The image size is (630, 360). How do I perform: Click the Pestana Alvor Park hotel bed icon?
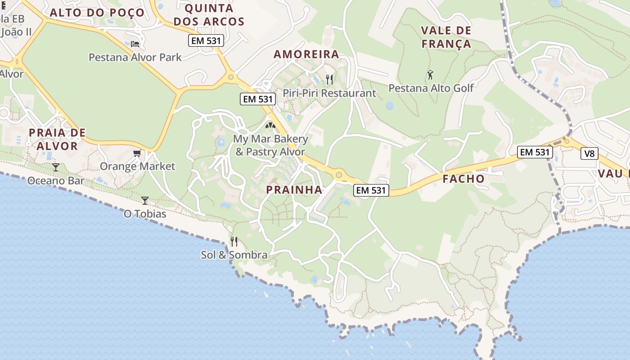point(135,44)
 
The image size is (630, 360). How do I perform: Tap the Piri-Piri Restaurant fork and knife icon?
point(329,80)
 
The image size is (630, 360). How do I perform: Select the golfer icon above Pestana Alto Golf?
point(430,75)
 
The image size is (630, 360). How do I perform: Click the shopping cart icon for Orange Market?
point(137,153)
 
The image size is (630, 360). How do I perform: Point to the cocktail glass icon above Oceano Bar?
point(55,167)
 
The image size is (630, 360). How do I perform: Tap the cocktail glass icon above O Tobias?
point(145,200)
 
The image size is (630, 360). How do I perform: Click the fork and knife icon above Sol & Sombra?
point(234,242)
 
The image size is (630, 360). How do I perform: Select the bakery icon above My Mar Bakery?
point(270,126)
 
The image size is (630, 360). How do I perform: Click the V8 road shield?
point(589,153)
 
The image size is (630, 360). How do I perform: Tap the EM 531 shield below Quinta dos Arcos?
point(206,41)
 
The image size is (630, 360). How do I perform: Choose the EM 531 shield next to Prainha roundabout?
point(371,190)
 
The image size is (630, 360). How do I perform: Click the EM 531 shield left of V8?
point(535,152)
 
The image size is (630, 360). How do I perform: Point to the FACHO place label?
point(463,179)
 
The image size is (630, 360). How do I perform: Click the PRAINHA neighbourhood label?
point(294,189)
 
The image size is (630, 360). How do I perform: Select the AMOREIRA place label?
point(306,54)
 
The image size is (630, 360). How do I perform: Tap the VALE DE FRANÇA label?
point(446,37)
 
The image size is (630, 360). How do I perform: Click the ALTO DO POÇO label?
point(97,13)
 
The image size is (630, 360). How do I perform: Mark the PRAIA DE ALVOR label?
point(57,139)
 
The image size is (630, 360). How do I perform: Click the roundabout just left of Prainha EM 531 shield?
point(339,175)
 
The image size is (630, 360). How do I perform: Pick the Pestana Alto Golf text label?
point(431,88)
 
